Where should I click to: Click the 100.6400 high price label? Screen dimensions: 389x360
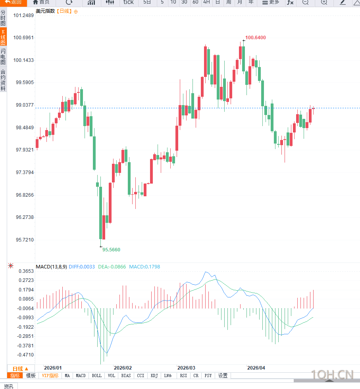click(x=255, y=38)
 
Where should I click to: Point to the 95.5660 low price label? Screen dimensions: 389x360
click(x=111, y=250)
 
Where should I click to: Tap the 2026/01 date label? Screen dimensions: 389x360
click(x=53, y=368)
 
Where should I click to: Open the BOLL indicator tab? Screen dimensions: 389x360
click(x=96, y=376)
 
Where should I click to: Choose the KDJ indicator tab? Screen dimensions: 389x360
click(x=154, y=376)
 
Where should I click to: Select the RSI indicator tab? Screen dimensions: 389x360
click(x=183, y=376)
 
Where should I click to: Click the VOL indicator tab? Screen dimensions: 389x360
click(x=112, y=376)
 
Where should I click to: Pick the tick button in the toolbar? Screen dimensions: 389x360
click(x=128, y=2)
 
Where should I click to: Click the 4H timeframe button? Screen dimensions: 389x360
click(x=206, y=2)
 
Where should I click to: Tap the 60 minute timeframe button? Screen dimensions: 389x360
click(x=195, y=2)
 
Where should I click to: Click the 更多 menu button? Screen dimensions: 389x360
click(x=271, y=2)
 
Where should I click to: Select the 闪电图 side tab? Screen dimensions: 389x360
click(x=3, y=57)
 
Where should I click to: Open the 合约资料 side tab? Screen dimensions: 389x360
click(x=3, y=80)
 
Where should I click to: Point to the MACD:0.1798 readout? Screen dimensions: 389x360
click(x=144, y=267)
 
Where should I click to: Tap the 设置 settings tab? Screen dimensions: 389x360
click(x=223, y=376)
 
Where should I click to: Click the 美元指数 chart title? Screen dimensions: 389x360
click(x=45, y=11)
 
